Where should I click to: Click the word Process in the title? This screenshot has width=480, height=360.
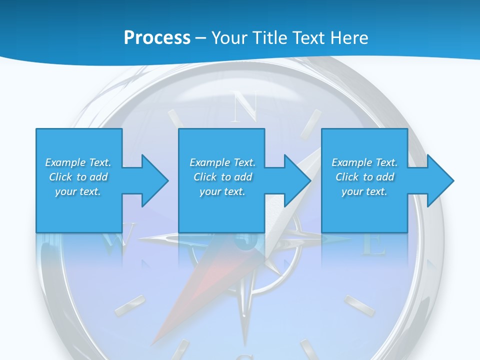[x=157, y=38]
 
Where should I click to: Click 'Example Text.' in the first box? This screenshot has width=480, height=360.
[x=78, y=162]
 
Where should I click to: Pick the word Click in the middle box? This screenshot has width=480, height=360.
[x=205, y=177]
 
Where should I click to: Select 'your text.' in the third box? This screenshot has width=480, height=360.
[x=364, y=191]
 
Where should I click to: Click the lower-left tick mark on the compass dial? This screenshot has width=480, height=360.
[x=130, y=305]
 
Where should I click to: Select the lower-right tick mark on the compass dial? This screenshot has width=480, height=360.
[x=359, y=305]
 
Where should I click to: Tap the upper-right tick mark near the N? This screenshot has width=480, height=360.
[x=314, y=120]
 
